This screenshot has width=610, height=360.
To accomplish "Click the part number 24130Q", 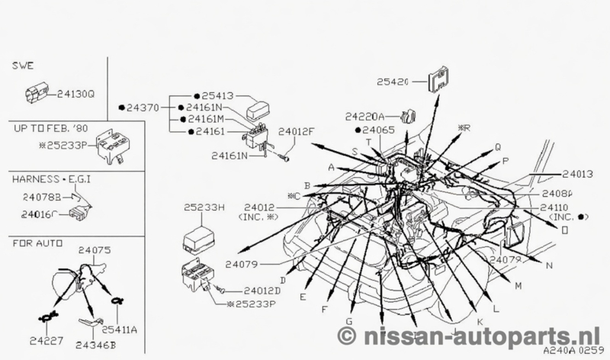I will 76,95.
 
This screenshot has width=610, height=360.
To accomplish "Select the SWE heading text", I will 23,67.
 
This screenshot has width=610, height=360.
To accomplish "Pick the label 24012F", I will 295,131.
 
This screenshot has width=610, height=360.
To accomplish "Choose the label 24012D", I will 263,291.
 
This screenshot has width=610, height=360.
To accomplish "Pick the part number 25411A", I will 120,329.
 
